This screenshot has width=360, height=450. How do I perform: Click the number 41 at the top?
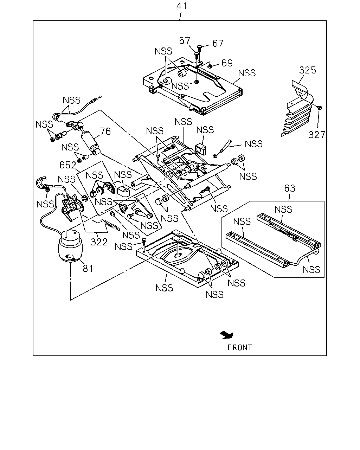[x=181, y=6]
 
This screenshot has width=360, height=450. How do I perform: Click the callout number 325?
[x=307, y=70]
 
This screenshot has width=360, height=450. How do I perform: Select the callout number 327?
[x=317, y=135]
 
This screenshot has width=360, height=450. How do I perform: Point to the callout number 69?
[x=227, y=63]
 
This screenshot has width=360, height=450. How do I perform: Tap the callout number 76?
[x=105, y=131]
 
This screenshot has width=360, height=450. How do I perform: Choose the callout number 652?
[x=67, y=165]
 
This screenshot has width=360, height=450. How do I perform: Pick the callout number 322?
[x=99, y=242]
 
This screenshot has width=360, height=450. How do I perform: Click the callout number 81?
[x=88, y=268]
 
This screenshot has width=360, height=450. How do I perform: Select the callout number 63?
[x=290, y=188]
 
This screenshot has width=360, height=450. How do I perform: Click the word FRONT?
[x=240, y=348]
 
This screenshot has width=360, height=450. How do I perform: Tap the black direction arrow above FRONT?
[x=227, y=335]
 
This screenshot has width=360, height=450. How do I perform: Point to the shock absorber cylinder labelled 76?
[x=90, y=142]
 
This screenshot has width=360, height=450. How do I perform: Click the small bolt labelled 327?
[x=320, y=108]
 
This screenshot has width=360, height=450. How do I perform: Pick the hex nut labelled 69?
[x=210, y=66]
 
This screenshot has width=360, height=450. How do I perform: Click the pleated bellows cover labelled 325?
[x=297, y=109]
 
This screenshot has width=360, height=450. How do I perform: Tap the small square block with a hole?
[x=201, y=149]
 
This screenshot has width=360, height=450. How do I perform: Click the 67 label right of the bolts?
[x=218, y=43]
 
